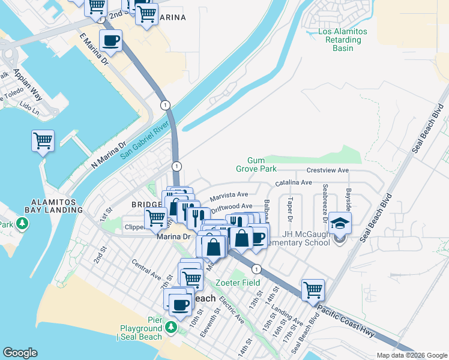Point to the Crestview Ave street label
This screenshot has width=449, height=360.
[327, 170]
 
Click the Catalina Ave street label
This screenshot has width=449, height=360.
[294, 182]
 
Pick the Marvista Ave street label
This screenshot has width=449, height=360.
[229, 196]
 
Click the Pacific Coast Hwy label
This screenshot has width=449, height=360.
[349, 319]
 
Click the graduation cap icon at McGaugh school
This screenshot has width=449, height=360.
[340, 222]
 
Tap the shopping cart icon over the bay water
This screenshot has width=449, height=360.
[43, 141]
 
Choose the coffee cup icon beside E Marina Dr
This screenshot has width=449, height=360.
[110, 41]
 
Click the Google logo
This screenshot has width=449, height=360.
[20, 353]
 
